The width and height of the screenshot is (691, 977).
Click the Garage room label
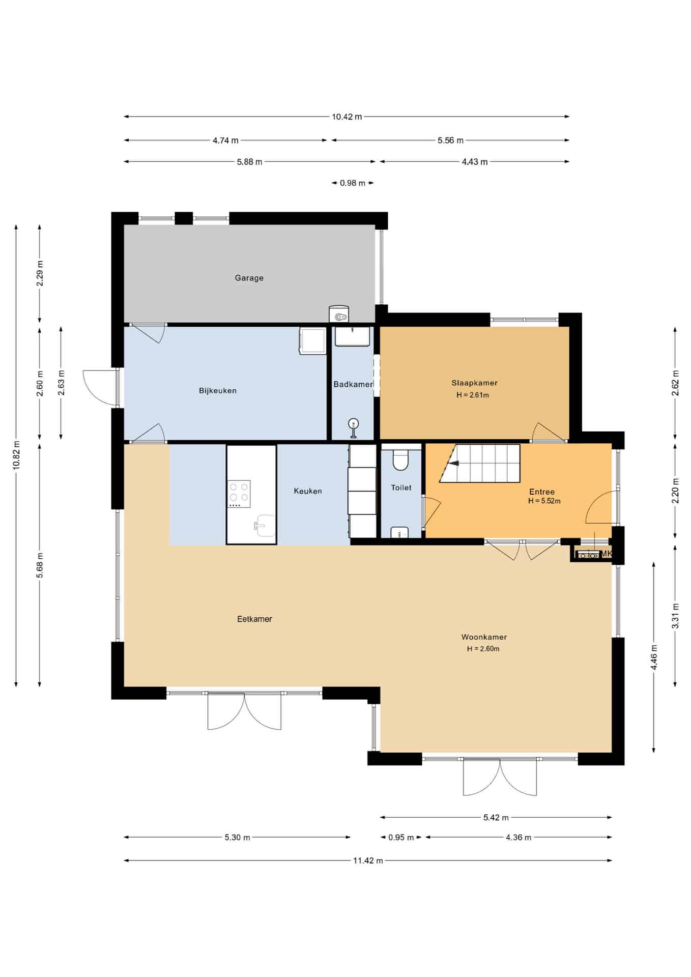249,278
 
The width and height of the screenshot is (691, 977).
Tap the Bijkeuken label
218,391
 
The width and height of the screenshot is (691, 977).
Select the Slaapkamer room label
474,383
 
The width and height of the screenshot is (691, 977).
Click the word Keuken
308,491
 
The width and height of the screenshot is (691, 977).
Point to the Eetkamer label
254,619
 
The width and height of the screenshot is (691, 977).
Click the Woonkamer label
484,637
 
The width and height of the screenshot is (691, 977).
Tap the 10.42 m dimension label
347,117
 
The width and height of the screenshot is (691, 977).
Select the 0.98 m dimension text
353,183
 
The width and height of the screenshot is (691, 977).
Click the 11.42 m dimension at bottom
368,860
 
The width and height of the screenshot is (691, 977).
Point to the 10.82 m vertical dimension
16,455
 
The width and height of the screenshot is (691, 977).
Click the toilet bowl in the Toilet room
400,460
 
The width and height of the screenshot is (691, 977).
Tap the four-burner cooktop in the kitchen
239,494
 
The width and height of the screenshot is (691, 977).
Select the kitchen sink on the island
264,525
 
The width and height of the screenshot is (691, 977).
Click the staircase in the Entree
480,463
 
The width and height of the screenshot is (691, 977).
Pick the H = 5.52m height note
544,501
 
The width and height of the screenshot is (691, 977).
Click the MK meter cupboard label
606,554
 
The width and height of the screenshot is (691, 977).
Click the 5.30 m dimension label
237,837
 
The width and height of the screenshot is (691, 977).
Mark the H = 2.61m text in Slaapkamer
473,395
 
